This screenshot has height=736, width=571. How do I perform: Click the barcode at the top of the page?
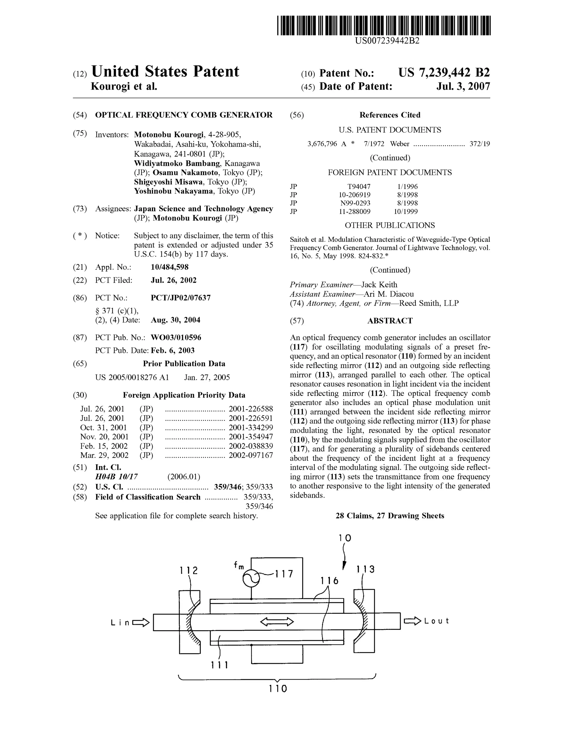(x=384, y=26)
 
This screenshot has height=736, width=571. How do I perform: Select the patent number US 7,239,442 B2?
(x=444, y=72)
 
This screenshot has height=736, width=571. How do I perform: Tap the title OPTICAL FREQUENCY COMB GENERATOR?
(x=184, y=115)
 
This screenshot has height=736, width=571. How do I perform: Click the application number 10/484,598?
(x=170, y=267)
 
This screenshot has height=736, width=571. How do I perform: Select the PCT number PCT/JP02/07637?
(x=181, y=298)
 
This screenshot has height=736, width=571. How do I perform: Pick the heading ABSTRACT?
(x=390, y=321)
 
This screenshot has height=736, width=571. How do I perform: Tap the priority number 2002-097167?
(x=251, y=455)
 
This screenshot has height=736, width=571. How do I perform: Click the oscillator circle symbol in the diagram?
(x=251, y=578)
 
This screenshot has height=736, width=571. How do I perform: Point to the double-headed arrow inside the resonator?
(x=277, y=621)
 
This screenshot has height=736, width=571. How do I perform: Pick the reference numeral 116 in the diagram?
(x=329, y=581)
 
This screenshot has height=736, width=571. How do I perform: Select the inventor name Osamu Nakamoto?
(x=185, y=173)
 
